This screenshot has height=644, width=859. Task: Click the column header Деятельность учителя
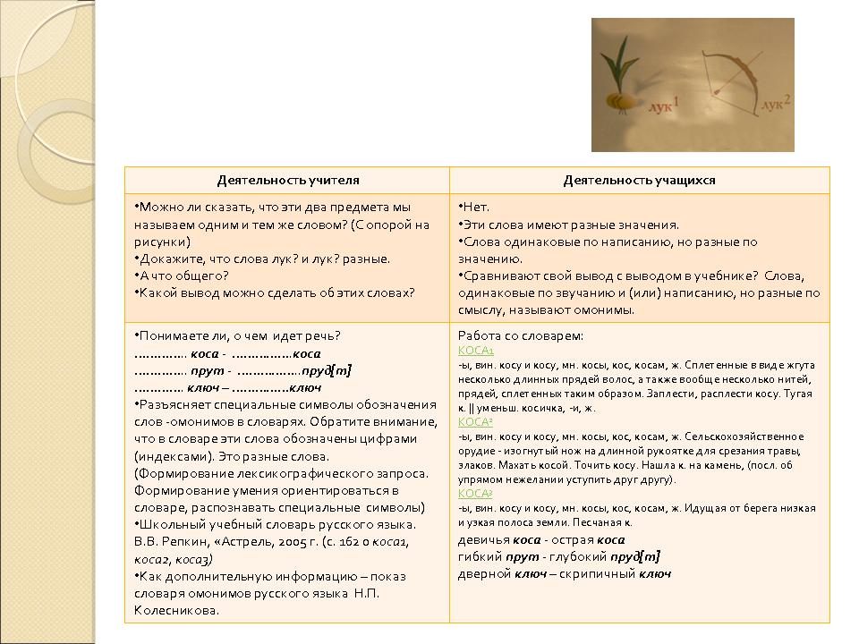coord(287,180)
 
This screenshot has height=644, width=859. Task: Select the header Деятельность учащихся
coord(639,180)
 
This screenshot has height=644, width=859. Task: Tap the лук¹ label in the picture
coord(664,106)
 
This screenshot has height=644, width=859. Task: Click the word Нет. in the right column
coord(475,208)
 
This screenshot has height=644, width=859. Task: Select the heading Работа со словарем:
coord(520,335)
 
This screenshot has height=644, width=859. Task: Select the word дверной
coord(484,573)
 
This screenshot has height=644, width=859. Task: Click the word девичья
coord(484,539)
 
